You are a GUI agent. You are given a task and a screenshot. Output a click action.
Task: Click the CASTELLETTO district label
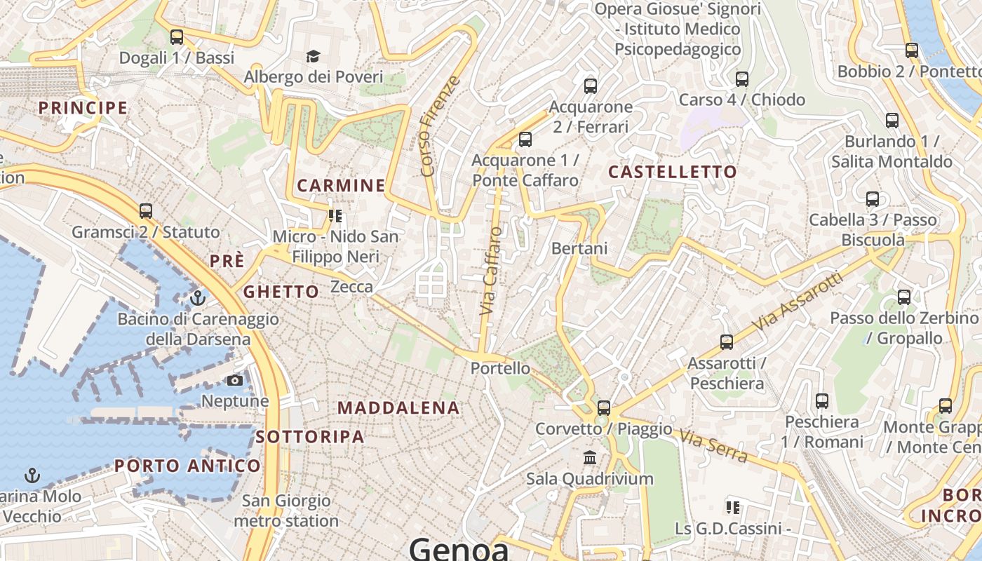(x=672, y=172)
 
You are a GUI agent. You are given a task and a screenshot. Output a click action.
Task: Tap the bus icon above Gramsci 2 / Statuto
(x=146, y=210)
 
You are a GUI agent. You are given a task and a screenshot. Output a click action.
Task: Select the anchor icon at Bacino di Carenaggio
(x=198, y=298)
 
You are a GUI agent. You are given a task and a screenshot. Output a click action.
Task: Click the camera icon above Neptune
(x=235, y=380)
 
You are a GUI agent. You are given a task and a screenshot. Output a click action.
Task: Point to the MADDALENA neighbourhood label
(x=398, y=407)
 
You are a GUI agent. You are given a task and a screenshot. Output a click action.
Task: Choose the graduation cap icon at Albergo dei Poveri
(x=313, y=56)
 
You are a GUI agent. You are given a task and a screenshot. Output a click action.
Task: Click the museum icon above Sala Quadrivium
(x=590, y=458)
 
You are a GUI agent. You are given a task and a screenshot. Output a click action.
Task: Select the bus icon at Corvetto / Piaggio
(x=603, y=407)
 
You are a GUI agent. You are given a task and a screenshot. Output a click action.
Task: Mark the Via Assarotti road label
(x=798, y=302)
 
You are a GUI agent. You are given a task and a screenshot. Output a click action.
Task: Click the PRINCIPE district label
(x=83, y=108)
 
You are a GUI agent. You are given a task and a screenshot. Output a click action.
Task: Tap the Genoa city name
(x=459, y=548)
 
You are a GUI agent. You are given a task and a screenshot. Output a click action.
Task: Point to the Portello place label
(x=500, y=367)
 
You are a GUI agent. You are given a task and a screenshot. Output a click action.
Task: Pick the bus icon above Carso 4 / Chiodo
(x=742, y=79)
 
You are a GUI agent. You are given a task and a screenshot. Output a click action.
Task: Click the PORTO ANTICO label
(x=187, y=466)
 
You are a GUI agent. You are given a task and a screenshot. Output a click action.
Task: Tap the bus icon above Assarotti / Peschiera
(x=727, y=342)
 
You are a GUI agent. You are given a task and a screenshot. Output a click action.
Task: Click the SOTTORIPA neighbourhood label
(x=309, y=437)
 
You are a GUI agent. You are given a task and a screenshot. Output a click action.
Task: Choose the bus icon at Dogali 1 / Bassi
(x=177, y=36)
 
